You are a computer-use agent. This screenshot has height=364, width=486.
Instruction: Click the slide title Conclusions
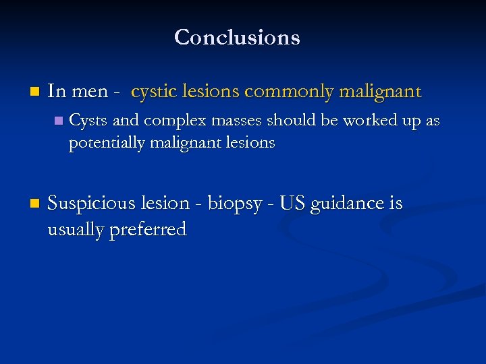237,37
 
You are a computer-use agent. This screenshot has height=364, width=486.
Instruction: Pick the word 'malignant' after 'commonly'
382,92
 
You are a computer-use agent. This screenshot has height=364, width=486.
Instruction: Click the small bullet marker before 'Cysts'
58,121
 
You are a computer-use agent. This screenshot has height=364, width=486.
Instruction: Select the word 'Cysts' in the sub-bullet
88,121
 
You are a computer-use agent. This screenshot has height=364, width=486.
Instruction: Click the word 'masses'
230,121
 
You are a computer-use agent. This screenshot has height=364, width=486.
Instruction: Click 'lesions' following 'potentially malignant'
250,143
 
